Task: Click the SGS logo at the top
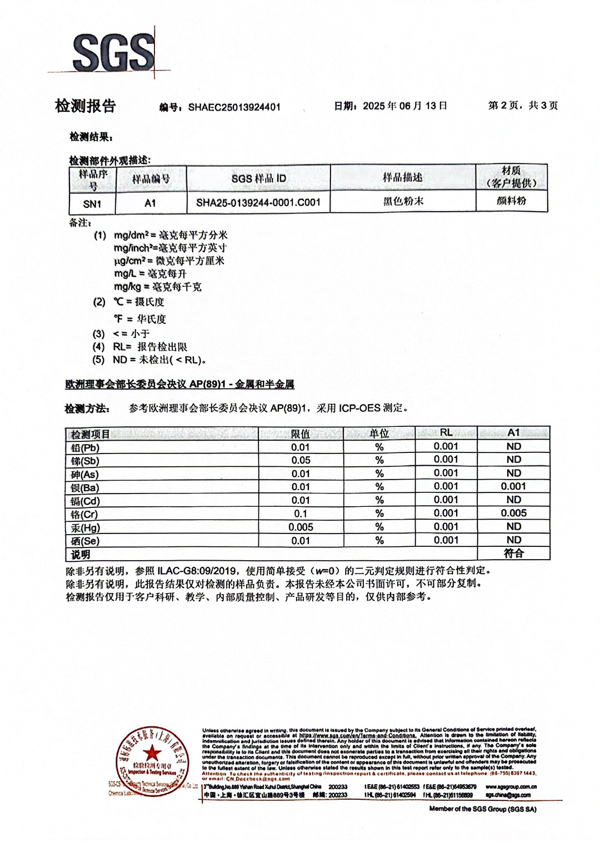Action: coord(113,52)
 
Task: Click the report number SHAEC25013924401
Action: coord(234,107)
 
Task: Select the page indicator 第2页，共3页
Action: coord(523,106)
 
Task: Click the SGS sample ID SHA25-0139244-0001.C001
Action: coord(258,202)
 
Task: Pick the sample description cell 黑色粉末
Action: coord(403,201)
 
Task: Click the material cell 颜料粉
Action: coord(511,201)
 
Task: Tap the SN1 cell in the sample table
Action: coord(92,204)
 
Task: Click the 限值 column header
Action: coord(301,434)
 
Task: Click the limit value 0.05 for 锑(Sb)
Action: coord(301,460)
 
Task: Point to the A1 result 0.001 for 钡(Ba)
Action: coord(513,486)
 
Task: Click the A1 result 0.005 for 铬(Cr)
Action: coord(513,513)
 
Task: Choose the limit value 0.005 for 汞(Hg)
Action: coord(301,527)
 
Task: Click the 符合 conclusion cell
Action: coord(513,554)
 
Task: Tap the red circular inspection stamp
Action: coord(151,758)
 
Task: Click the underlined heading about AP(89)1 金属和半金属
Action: coord(179,384)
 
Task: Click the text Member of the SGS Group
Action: coord(482,809)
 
